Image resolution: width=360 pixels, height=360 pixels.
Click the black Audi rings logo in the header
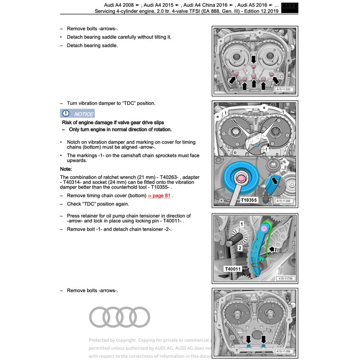pyautogui.click(x=290, y=7)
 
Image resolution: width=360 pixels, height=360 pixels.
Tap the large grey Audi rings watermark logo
pyautogui.click(x=120, y=317)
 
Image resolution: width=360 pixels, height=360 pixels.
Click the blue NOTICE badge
pyautogui.click(x=77, y=113)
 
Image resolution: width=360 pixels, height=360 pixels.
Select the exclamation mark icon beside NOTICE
pyautogui.click(x=66, y=113)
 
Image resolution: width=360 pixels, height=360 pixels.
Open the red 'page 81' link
pyautogui.click(x=159, y=196)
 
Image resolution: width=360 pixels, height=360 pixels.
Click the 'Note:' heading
pyautogui.click(x=66, y=169)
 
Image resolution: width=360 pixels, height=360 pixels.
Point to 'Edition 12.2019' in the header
pyautogui.click(x=261, y=11)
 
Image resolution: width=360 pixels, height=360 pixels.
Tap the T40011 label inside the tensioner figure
pyautogui.click(x=233, y=269)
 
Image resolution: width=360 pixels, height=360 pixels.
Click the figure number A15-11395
pyautogui.click(x=283, y=200)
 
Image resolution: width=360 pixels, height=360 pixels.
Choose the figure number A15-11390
pyautogui.click(x=283, y=351)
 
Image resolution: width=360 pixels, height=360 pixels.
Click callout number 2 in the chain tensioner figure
pyautogui.click(x=240, y=247)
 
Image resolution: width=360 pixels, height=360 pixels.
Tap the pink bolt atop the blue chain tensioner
pyautogui.click(x=264, y=229)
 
